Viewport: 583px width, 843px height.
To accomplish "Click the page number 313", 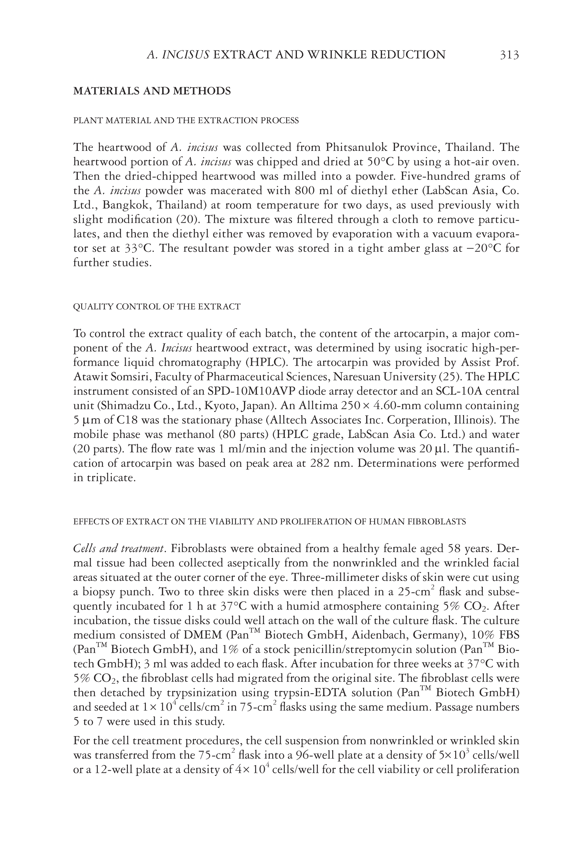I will (x=509, y=55).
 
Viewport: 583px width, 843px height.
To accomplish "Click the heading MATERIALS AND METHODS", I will (x=152, y=91).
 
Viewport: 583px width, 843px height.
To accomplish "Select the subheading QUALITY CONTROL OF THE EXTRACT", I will (x=157, y=306).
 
